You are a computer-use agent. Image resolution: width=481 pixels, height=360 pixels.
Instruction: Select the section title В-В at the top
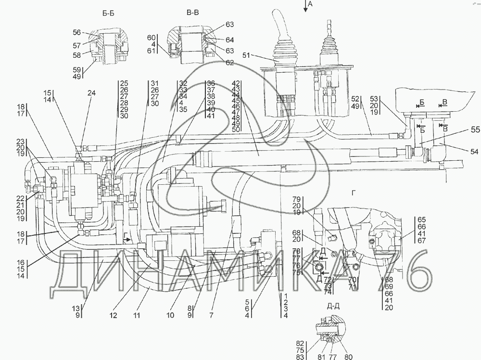coord(192,13)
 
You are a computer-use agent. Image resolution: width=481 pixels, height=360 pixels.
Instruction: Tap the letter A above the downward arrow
coord(310,3)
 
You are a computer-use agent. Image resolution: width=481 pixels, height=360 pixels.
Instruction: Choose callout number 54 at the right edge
coord(461,152)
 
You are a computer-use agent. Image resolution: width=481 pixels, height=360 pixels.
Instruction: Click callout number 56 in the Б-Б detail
coord(77,32)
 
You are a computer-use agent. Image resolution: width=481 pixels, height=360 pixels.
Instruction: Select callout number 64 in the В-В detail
coord(229,40)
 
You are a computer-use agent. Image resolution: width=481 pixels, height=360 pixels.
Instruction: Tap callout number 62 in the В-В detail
coord(229,62)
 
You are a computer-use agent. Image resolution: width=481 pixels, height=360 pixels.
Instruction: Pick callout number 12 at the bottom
coord(114,316)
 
